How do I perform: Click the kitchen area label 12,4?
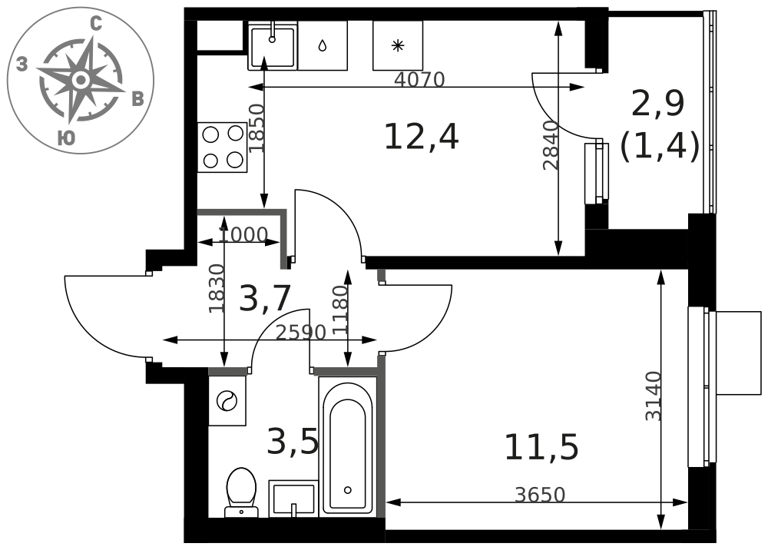coord(421,137)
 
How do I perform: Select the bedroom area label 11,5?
coord(541,447)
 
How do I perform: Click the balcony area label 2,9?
coord(658,104)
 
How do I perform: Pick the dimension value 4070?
coord(419,79)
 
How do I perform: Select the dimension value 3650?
coord(540,495)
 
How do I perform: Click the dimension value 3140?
coord(654,396)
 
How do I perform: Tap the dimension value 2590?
coord(301,333)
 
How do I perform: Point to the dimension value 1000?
coord(243,235)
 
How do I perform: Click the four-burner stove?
coord(223,147)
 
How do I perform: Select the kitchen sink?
coord(273,45)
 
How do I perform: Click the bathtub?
coord(348,446)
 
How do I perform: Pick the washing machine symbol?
coord(227,401)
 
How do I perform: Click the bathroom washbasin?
coord(293,499)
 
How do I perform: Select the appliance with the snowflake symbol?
coord(398,45)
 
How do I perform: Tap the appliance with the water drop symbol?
coord(323,45)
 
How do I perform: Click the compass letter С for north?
coord(96,24)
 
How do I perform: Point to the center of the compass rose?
coord(81,79)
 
